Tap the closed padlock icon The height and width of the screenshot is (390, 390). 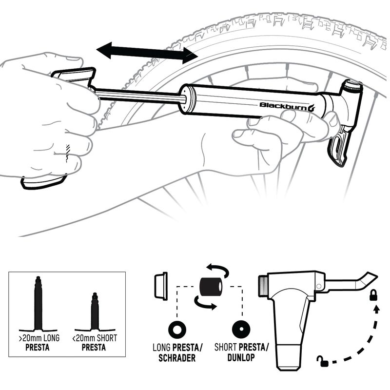pyautogui.click(x=374, y=294)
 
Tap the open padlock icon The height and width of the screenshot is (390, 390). pyautogui.click(x=322, y=361)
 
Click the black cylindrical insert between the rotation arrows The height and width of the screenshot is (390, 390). pyautogui.click(x=210, y=287)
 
